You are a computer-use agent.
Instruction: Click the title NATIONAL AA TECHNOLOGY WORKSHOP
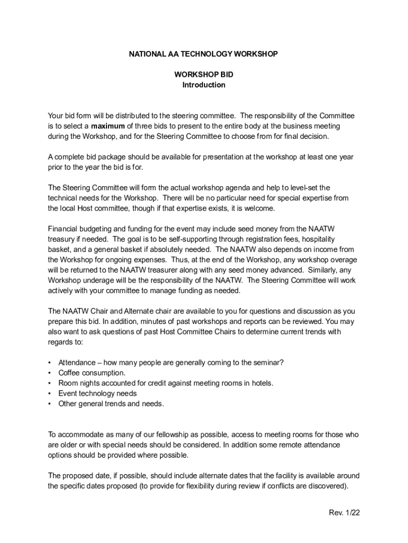click(204, 54)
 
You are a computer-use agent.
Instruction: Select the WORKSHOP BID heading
click(204, 75)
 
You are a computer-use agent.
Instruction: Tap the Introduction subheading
click(204, 85)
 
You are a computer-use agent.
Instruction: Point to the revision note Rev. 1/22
click(344, 513)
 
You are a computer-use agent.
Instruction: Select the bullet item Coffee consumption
click(88, 373)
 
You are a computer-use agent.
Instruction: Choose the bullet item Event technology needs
click(97, 393)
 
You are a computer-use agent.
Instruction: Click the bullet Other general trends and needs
click(111, 404)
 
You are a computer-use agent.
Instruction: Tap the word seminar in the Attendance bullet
click(267, 363)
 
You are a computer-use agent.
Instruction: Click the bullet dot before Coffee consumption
click(50, 373)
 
